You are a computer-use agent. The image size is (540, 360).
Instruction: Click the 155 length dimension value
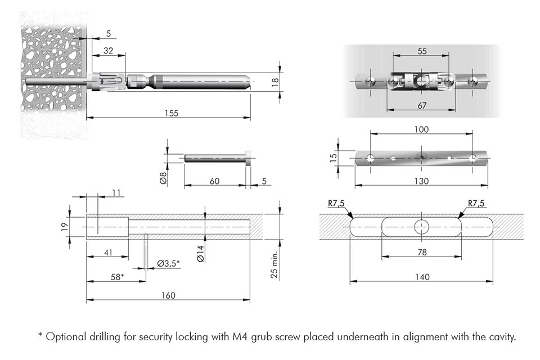click(172, 113)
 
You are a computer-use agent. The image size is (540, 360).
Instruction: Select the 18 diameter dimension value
click(274, 81)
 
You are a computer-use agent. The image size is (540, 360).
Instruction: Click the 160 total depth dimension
click(168, 295)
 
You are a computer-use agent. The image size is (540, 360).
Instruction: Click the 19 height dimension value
click(65, 227)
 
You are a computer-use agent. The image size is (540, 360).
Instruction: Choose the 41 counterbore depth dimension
click(108, 253)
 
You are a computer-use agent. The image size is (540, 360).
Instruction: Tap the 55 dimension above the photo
click(422, 51)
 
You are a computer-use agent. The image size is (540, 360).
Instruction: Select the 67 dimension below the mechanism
click(422, 106)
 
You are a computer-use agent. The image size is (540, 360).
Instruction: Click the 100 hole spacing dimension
click(421, 129)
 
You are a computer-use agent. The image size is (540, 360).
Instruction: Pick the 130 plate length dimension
click(421, 181)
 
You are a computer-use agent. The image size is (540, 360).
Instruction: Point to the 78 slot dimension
click(422, 253)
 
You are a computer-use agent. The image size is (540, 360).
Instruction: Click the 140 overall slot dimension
click(422, 277)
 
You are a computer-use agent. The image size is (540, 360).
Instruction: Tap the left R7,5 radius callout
click(336, 204)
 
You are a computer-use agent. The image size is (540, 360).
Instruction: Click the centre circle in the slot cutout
click(422, 227)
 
